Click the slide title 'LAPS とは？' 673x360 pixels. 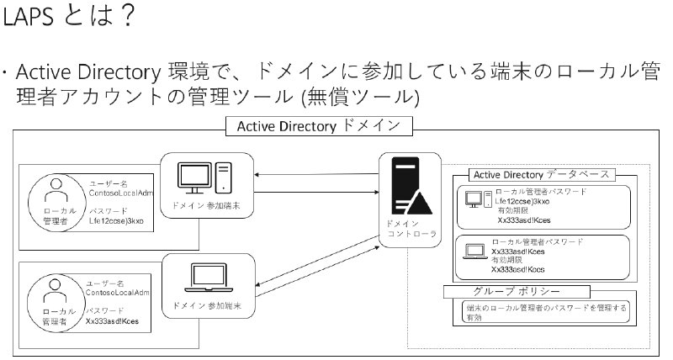69,18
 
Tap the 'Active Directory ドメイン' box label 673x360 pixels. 324,127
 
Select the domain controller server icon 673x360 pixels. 411,186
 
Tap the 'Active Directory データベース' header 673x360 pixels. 533,175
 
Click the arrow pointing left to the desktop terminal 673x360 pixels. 316,174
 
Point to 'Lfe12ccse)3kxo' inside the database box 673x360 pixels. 522,202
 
